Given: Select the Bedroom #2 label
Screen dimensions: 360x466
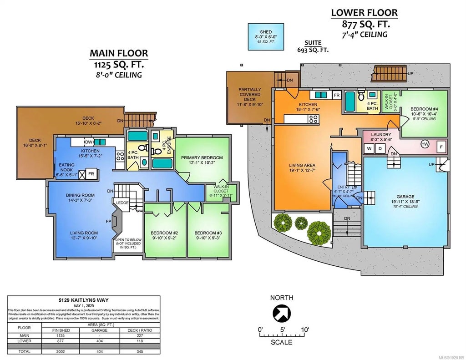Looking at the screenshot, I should pos(164,235).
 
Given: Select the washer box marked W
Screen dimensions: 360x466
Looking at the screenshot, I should pos(369,148).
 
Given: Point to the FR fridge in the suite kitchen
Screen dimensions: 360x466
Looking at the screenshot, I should pos(337,95).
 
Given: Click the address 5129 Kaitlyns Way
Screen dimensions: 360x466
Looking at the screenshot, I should pos(84,300).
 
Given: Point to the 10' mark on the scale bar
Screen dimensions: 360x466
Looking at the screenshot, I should pos(304,330).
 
